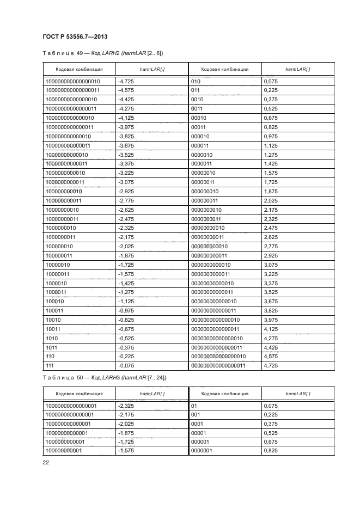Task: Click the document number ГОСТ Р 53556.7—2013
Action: [74, 36]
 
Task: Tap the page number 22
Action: [45, 463]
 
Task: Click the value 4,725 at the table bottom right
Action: [271, 366]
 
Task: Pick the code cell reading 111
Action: [50, 366]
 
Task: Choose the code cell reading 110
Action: [50, 357]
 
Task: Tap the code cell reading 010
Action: [196, 81]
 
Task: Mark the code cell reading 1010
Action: [52, 338]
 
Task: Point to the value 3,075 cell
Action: [271, 265]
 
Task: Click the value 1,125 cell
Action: [271, 146]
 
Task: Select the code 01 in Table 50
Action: [194, 406]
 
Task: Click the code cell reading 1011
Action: [52, 347]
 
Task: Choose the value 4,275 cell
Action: [271, 338]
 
